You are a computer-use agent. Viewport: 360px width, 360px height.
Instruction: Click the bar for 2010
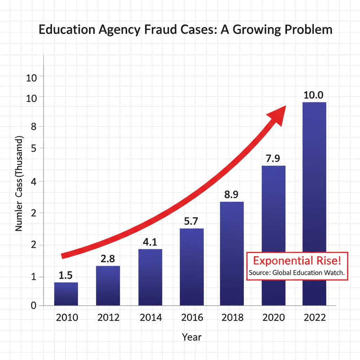[66, 294]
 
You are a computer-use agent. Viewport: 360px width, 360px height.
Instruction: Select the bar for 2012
[108, 285]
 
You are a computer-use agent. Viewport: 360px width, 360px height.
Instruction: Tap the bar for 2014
[150, 277]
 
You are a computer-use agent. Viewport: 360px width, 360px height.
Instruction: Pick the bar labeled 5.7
[192, 267]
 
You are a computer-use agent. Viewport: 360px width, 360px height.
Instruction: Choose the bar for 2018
[232, 253]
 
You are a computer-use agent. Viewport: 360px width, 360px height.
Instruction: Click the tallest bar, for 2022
[314, 204]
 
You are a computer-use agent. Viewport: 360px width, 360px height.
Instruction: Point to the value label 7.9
[273, 159]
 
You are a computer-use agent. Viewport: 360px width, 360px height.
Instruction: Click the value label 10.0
[314, 95]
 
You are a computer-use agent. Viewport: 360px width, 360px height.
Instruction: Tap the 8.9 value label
[232, 195]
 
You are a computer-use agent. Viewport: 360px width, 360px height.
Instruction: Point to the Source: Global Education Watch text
[297, 272]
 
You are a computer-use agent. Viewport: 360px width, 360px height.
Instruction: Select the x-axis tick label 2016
[192, 317]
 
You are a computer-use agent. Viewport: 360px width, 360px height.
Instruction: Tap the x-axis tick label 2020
[274, 317]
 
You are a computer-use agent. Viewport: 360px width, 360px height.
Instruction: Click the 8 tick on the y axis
[34, 127]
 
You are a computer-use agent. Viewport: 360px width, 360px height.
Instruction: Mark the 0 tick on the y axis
[34, 306]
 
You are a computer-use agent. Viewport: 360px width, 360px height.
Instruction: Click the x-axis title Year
[192, 337]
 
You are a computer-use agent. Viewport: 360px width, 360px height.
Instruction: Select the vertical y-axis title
[19, 184]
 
